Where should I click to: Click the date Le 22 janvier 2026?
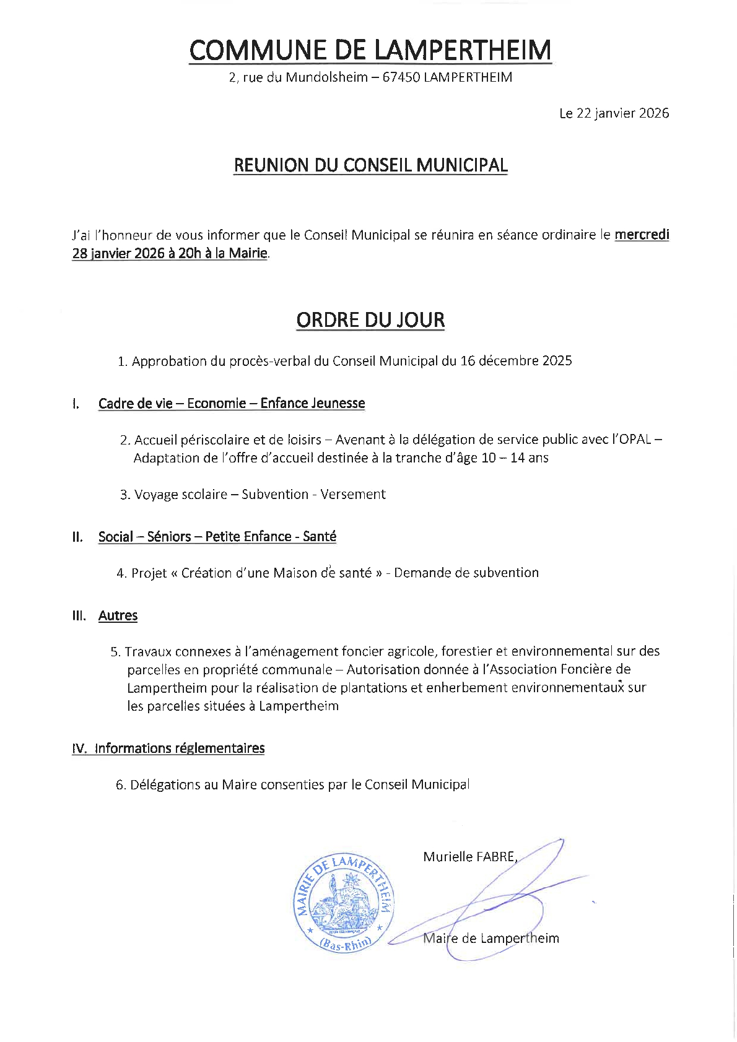coord(613,113)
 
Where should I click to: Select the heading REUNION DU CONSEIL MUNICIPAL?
coord(370,165)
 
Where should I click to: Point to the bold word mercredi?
coord(642,235)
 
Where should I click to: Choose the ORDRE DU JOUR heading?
coord(370,320)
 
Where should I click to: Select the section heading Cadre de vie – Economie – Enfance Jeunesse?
coord(232,404)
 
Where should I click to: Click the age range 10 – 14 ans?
coord(515,458)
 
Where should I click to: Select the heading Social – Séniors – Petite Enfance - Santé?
coord(217,537)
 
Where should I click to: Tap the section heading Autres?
coord(118,615)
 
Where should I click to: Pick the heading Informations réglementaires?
coord(180,749)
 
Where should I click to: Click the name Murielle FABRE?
coord(469,857)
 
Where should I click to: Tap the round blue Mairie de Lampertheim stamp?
coord(343,903)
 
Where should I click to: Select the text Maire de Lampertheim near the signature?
coord(491,939)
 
